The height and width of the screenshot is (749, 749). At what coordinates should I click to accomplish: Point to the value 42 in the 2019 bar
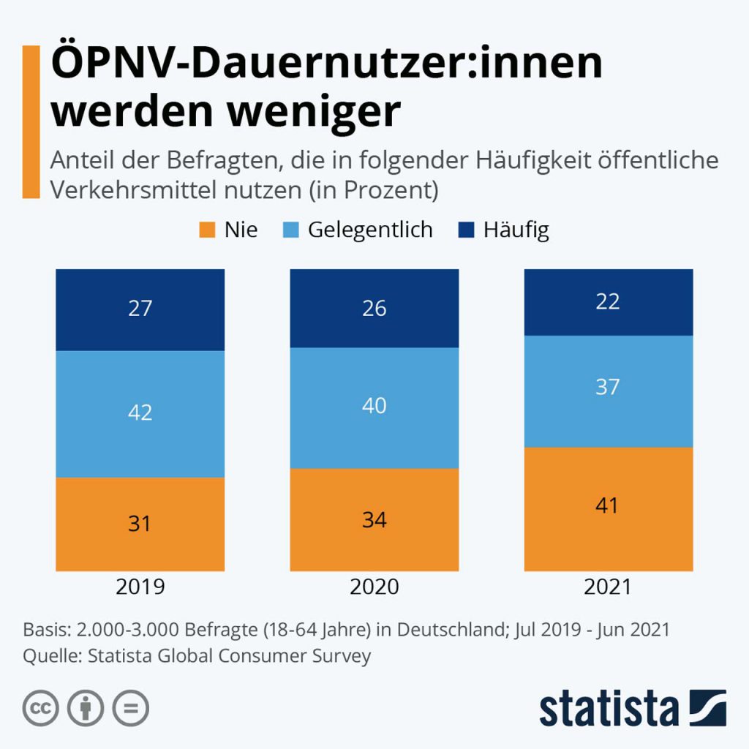pos(140,413)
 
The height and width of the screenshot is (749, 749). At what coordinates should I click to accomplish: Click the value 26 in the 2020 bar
pos(374,308)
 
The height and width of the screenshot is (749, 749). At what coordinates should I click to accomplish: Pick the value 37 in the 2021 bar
pos(608,386)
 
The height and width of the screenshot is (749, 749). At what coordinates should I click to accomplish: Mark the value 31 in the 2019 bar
pos(140,524)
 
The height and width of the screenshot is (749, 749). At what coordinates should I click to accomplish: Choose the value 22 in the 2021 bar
pos(608,301)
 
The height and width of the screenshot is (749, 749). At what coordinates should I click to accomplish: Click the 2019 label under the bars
pos(140,587)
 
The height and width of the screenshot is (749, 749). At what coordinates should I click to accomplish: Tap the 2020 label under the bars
pos(374,587)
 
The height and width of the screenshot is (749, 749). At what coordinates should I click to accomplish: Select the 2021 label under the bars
pos(608,587)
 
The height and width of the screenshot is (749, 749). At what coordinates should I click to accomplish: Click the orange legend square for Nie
pos(208,230)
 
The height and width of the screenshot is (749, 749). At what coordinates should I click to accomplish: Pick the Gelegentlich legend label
pos(370,230)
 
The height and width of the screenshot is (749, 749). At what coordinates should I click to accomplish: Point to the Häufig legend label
pos(516,230)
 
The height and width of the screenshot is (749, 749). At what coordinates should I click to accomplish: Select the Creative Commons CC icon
pos(41,708)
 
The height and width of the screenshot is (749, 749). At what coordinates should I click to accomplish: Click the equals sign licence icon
pos(130,708)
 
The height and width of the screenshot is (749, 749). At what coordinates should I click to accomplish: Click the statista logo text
pos(609,708)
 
